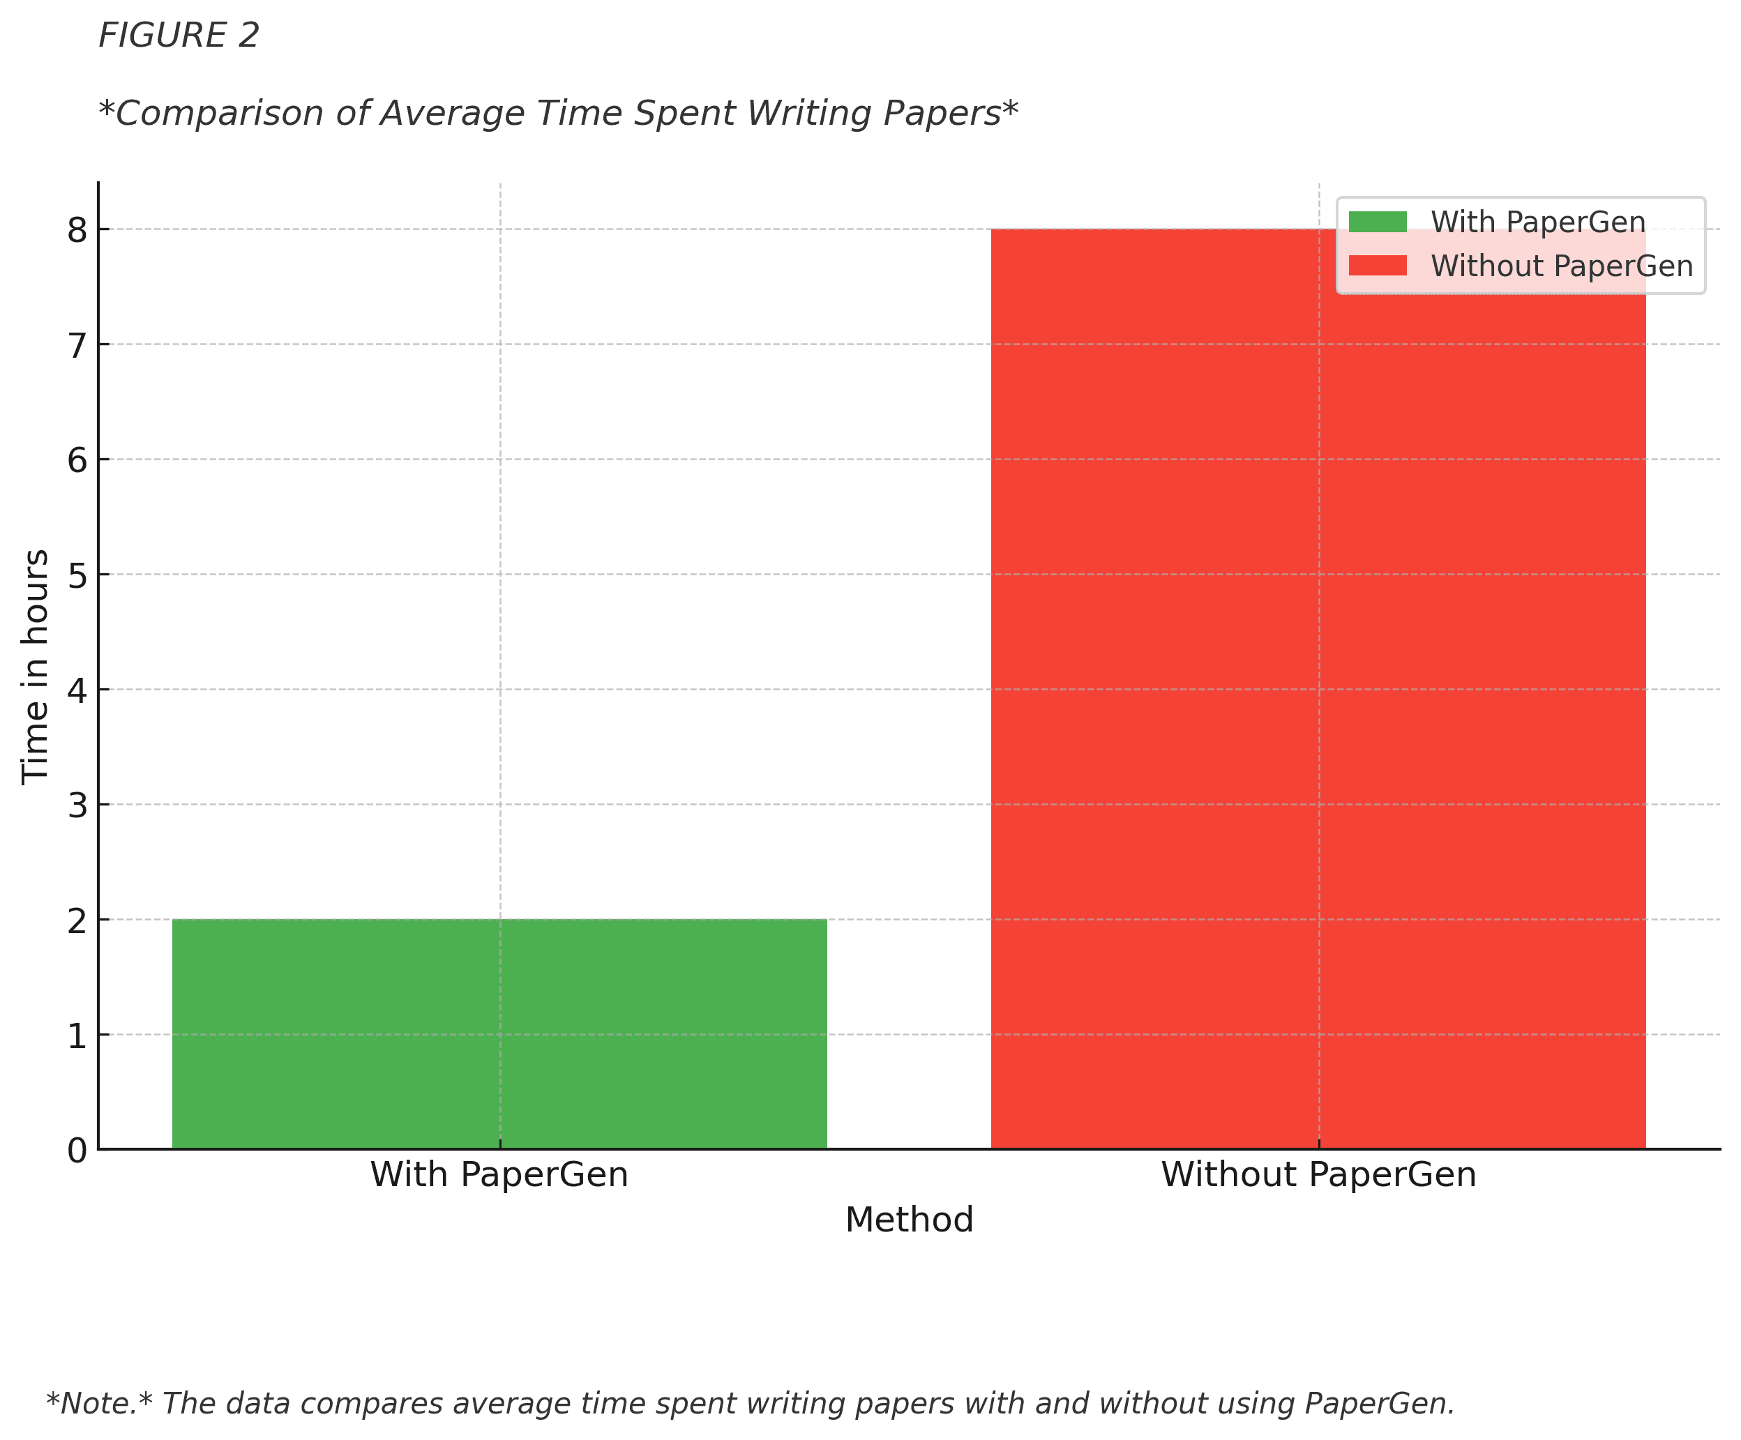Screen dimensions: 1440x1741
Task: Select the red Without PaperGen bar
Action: click(x=1318, y=688)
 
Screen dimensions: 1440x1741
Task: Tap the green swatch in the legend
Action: click(x=1377, y=222)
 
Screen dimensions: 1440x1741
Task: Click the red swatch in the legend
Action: click(x=1377, y=265)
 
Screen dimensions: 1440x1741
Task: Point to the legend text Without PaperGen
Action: click(x=1562, y=266)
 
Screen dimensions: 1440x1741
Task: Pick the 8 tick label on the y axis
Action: click(x=77, y=230)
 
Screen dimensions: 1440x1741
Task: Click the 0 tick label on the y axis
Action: click(x=77, y=1151)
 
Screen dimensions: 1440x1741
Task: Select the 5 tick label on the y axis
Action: click(x=77, y=575)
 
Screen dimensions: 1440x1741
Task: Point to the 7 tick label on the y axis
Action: click(x=77, y=346)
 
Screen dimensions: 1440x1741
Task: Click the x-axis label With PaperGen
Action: click(x=499, y=1175)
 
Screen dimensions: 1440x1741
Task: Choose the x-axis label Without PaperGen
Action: click(x=1318, y=1175)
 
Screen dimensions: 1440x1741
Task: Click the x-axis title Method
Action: click(x=909, y=1220)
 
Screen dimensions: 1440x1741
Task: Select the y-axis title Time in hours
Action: click(x=35, y=667)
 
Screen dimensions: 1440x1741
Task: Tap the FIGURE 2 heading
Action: click(x=179, y=36)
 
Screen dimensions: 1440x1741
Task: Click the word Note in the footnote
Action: click(x=96, y=1404)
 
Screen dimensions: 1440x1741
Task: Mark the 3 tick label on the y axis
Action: click(x=77, y=805)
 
